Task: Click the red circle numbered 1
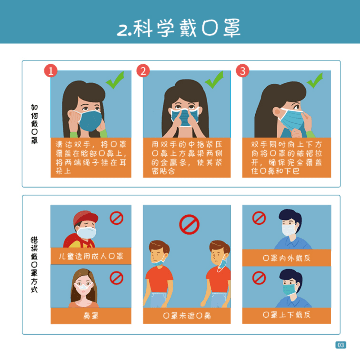click(51, 71)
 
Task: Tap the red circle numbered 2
click(143, 71)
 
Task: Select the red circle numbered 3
click(242, 71)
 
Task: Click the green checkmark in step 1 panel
click(115, 80)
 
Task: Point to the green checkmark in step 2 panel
click(214, 80)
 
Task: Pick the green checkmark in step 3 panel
click(315, 80)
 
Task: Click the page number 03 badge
click(341, 345)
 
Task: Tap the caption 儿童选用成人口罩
click(91, 256)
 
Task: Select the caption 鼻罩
click(91, 315)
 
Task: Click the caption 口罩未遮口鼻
click(187, 315)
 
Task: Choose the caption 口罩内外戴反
click(286, 258)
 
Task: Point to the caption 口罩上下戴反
click(286, 314)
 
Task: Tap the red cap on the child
click(86, 217)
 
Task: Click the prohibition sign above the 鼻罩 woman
click(117, 278)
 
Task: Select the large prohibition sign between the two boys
click(189, 224)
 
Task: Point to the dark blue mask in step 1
click(91, 121)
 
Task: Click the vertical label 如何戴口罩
click(34, 124)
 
